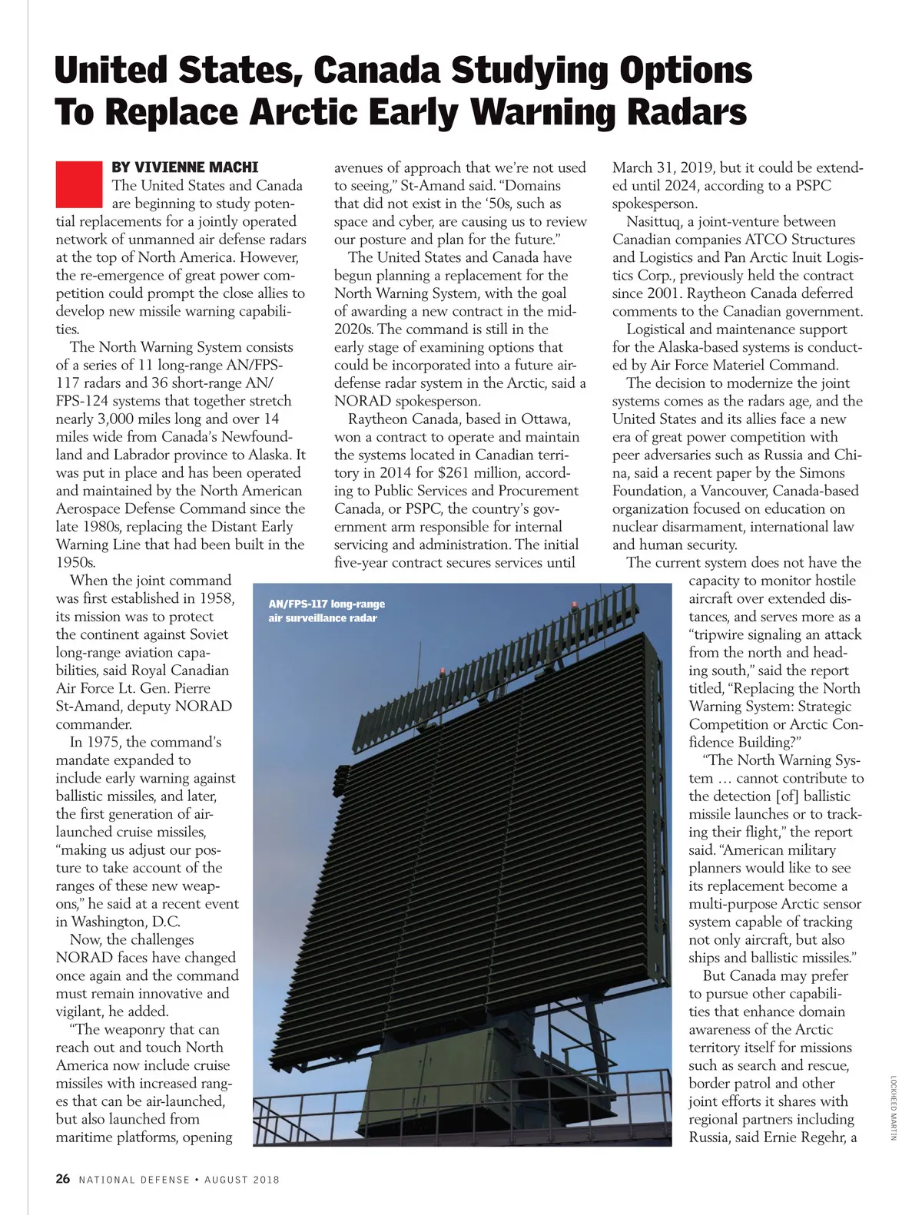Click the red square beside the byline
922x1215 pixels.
pyautogui.click(x=78, y=184)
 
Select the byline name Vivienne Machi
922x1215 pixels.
pyautogui.click(x=184, y=167)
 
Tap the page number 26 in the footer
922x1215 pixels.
pyautogui.click(x=62, y=1179)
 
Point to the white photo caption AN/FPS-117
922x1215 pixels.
pyautogui.click(x=327, y=604)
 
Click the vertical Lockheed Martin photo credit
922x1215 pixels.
pyautogui.click(x=894, y=1107)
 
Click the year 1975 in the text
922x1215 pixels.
pyautogui.click(x=104, y=742)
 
